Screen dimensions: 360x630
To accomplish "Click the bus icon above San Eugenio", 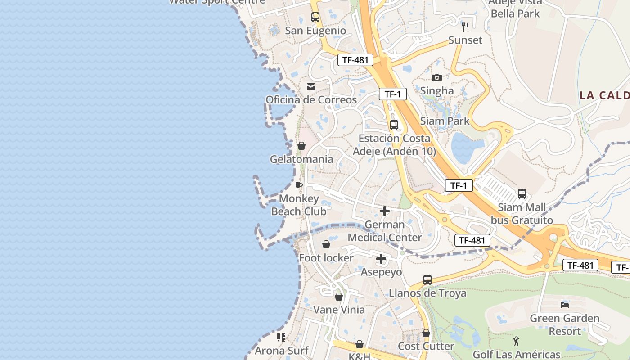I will [x=315, y=17].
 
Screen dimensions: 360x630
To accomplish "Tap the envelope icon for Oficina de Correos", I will [x=311, y=87].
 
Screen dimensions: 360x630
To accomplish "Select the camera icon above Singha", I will [x=437, y=77].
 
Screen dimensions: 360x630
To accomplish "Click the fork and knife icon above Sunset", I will [x=465, y=27].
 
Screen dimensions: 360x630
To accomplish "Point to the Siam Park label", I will [x=445, y=121].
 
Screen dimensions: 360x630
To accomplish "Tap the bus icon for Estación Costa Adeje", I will [x=394, y=125].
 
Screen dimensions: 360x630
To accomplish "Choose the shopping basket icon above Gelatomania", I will [x=301, y=146].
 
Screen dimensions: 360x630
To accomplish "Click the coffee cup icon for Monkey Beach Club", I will [x=299, y=185].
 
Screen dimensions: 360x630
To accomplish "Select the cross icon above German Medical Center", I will [x=385, y=211].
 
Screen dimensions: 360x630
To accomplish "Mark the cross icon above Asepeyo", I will [x=381, y=259].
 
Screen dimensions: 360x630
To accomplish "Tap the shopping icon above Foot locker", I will [x=326, y=244].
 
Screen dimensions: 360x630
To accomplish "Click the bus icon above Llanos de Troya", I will [x=427, y=280].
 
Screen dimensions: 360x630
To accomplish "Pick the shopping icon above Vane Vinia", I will [x=339, y=297].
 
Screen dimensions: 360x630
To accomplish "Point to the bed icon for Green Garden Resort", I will [x=565, y=305].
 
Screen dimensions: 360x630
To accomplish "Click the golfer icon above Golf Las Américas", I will [x=516, y=341].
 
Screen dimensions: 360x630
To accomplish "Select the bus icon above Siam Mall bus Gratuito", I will [x=522, y=194].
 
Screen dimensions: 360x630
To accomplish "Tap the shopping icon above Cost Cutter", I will [x=426, y=333].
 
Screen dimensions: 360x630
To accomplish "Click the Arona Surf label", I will [x=282, y=351].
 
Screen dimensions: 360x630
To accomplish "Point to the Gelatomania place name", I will [x=301, y=159].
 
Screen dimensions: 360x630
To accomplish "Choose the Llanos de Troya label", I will [x=427, y=293].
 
